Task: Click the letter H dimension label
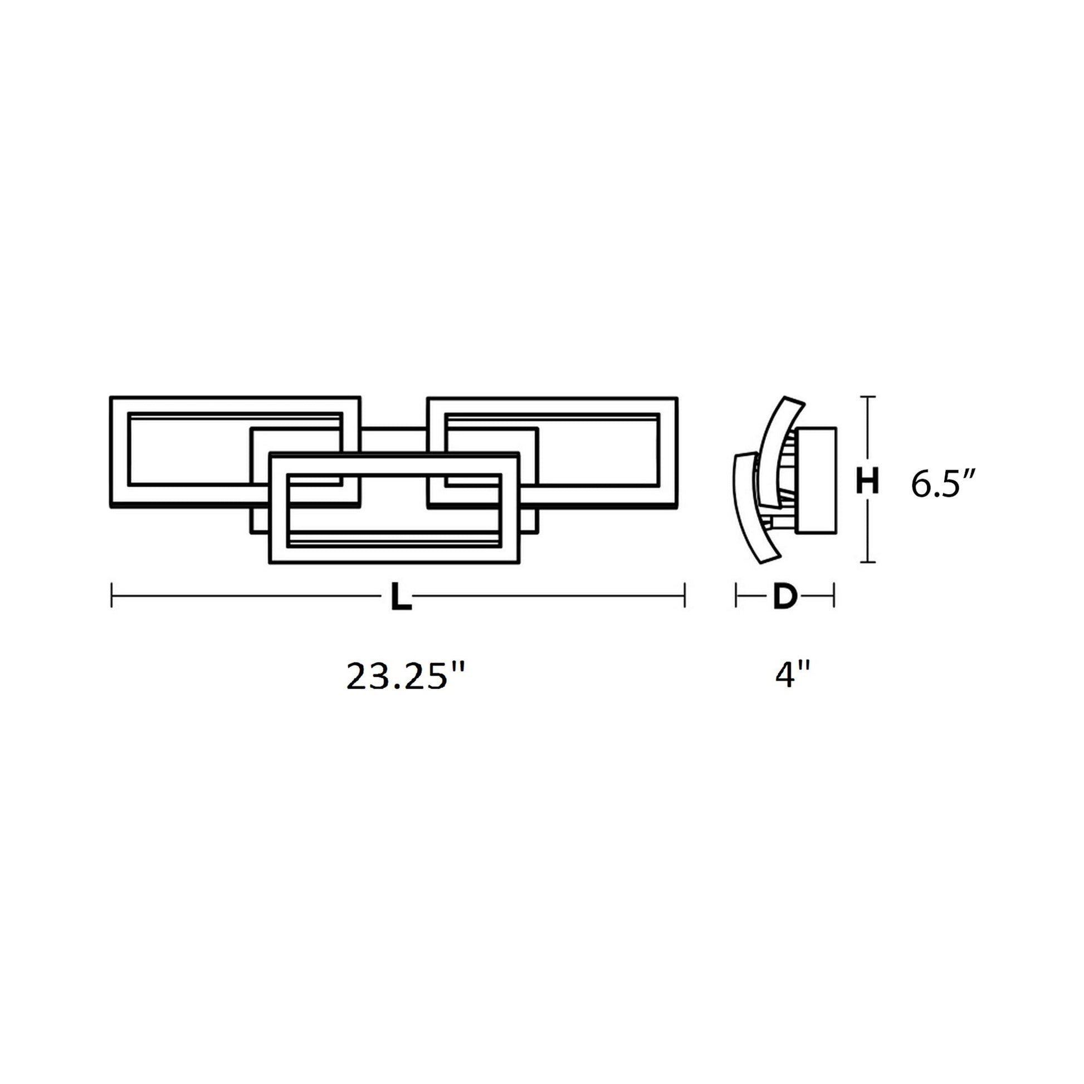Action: click(867, 481)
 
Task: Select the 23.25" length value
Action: click(406, 676)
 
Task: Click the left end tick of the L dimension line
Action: click(111, 595)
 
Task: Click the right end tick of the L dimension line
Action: click(685, 595)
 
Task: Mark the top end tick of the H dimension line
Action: click(868, 397)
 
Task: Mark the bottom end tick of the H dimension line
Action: click(868, 561)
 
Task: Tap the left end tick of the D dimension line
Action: click(735, 595)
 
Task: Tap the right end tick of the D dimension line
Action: click(834, 595)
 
